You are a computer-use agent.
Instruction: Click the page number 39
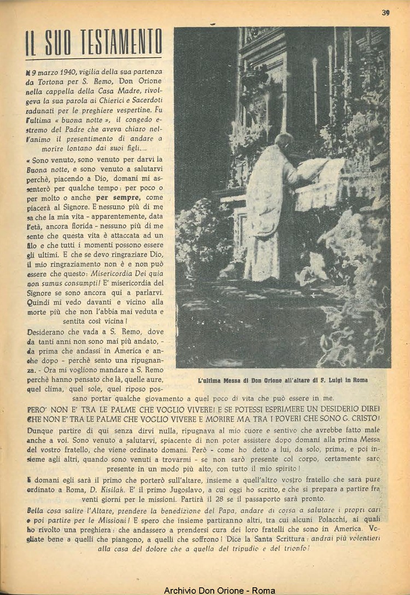tap(385, 13)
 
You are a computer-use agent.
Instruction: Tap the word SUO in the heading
tap(56, 43)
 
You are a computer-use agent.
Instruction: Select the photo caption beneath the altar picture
tap(283, 380)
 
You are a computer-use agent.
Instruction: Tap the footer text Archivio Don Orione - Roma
tap(219, 590)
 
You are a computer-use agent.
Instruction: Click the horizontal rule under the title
tap(93, 57)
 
